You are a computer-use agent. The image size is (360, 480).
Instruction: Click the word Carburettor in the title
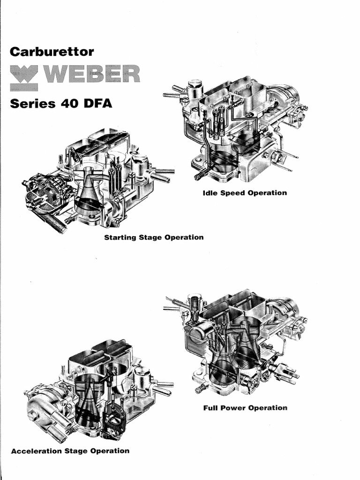tap(52, 51)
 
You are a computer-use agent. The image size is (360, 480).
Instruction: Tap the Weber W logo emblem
tap(23, 77)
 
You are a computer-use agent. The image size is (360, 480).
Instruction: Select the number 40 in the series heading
tap(68, 103)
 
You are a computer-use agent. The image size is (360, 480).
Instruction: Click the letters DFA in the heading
tap(98, 103)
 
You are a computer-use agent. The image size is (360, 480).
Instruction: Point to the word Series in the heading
tap(31, 103)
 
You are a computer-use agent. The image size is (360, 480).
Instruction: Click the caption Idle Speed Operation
tap(245, 193)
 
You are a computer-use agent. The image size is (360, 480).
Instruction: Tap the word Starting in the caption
tap(120, 237)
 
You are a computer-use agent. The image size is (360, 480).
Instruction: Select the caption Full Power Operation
tap(245, 408)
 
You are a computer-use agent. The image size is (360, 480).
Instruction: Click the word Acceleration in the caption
tap(36, 451)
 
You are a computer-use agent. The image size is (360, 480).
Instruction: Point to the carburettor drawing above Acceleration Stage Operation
tap(98, 389)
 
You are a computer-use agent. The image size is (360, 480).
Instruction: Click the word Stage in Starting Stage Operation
tap(150, 237)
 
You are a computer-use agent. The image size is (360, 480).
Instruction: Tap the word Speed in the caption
tap(233, 193)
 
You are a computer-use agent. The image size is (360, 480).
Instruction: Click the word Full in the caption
tap(210, 408)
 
